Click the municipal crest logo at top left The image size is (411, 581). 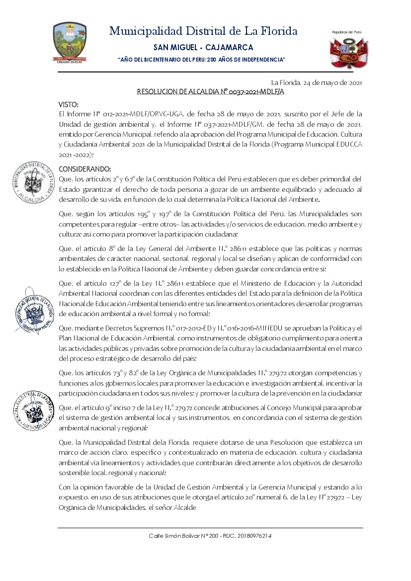click(70, 42)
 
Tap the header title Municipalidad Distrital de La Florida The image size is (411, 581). click(203, 31)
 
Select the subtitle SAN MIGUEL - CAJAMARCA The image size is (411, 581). click(203, 48)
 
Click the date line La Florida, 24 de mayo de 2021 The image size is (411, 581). click(316, 82)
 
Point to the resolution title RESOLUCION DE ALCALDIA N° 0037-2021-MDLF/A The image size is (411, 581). click(210, 91)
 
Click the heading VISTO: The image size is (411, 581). click(68, 104)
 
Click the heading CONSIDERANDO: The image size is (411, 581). click(85, 169)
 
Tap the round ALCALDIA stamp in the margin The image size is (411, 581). click(34, 182)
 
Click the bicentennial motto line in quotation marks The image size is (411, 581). click(201, 60)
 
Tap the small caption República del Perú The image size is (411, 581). click(347, 32)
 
